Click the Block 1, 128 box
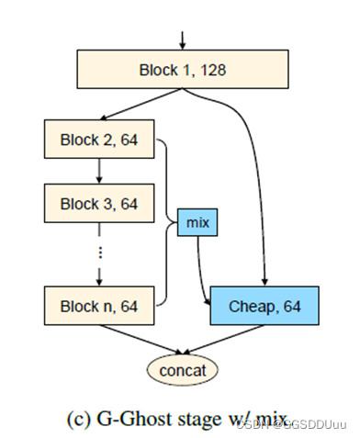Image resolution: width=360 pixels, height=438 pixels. click(182, 70)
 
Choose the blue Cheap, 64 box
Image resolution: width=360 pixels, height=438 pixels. click(264, 307)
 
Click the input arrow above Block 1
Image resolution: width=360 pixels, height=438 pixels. click(182, 38)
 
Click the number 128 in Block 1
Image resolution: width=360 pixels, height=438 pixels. click(209, 70)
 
